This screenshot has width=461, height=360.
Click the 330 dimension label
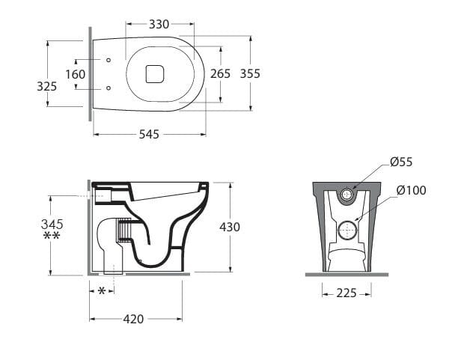point(159,24)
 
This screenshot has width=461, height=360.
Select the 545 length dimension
point(149,135)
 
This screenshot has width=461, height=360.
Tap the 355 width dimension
point(250,73)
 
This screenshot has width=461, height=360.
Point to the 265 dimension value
point(220,73)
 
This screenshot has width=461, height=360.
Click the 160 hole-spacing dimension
point(76,74)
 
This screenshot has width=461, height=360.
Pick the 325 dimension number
point(46,87)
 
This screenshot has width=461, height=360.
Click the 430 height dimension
point(230,227)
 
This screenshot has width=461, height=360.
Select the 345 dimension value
point(52,224)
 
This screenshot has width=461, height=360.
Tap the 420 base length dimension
point(133,319)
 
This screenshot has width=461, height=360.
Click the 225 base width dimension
point(346,293)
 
